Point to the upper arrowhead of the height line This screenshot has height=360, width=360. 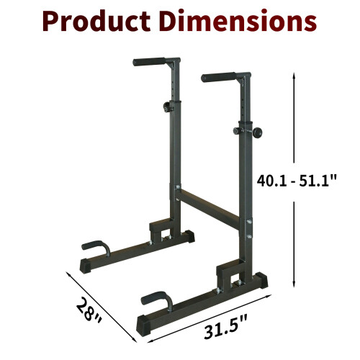coord(294,74)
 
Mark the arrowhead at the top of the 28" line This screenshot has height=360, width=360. coord(69,273)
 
